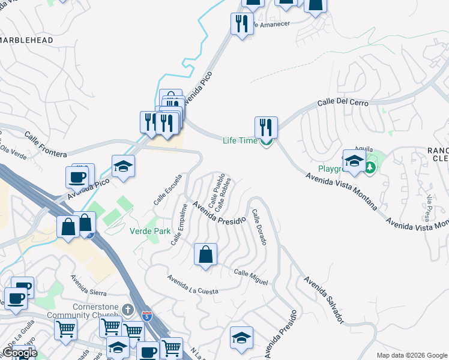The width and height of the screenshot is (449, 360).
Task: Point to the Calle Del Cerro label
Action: [x=342, y=103]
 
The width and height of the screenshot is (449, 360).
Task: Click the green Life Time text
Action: [x=240, y=141]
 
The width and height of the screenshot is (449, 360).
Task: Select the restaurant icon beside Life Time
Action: [x=266, y=127]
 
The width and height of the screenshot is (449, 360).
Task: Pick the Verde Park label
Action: [x=150, y=230]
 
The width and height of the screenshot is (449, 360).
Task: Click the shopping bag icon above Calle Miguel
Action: [x=206, y=254]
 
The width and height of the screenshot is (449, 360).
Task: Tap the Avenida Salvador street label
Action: [x=324, y=299]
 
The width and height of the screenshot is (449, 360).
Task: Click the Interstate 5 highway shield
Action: [x=147, y=315]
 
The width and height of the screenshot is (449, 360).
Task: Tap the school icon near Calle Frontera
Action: [x=123, y=166]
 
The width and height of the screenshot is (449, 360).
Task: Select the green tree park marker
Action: [x=370, y=166]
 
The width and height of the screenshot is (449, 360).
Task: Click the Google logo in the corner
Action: [x=20, y=353]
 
